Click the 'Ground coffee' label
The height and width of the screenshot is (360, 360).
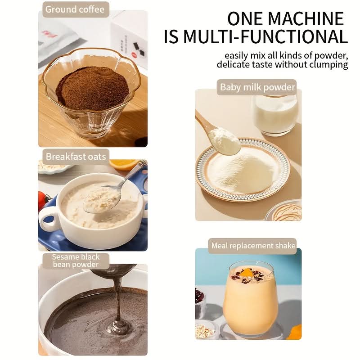point(75,9)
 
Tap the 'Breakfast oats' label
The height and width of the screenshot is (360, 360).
point(76,157)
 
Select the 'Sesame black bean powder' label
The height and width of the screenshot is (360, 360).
point(76,261)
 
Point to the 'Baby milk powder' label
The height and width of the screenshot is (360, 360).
point(257,87)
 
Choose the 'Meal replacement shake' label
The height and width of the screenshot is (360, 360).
point(253,246)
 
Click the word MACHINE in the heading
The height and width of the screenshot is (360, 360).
point(306,18)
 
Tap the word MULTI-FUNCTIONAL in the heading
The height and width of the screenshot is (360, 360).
point(265,36)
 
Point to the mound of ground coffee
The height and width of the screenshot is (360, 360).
point(92,87)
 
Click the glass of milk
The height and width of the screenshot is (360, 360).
point(275,115)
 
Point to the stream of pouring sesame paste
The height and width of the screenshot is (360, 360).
point(118,303)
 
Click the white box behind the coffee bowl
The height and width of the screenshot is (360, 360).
point(130,37)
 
